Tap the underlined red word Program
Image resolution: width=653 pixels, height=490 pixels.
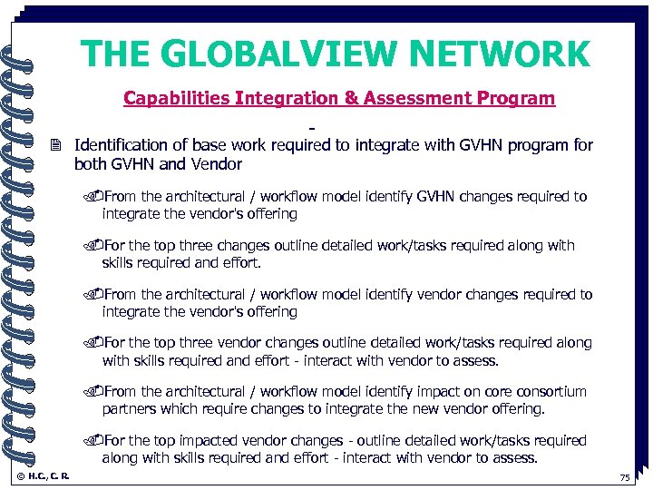pos(518,98)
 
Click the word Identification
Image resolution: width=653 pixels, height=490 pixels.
pos(121,145)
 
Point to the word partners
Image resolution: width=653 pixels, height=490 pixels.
pos(130,409)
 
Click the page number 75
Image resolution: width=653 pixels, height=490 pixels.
pos(624,478)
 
